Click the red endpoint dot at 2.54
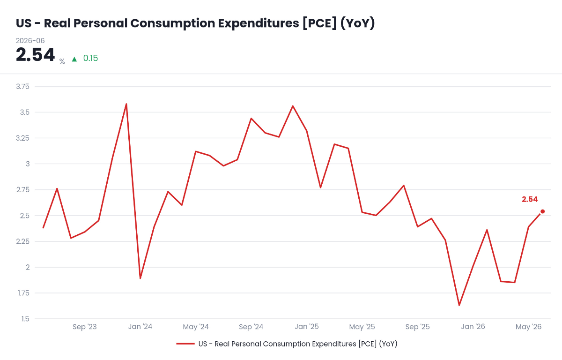[x=542, y=211]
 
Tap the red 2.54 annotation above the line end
[x=530, y=199]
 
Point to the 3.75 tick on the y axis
[x=22, y=87]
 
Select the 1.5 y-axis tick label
[x=25, y=319]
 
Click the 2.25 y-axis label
[x=22, y=241]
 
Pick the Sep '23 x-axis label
[x=85, y=327]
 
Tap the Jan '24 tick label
[x=140, y=327]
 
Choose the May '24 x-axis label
[x=196, y=327]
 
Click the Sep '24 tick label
[x=251, y=327]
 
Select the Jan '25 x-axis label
[x=307, y=327]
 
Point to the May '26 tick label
[x=528, y=327]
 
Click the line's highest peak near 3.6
[x=126, y=104]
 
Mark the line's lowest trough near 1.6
[x=459, y=305]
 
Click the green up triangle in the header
[x=74, y=59]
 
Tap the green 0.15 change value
[x=90, y=58]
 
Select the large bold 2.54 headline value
[x=35, y=54]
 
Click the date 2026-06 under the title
[x=30, y=41]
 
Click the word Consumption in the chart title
[x=173, y=23]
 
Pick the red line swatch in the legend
[x=185, y=344]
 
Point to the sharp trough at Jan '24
[x=140, y=278]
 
